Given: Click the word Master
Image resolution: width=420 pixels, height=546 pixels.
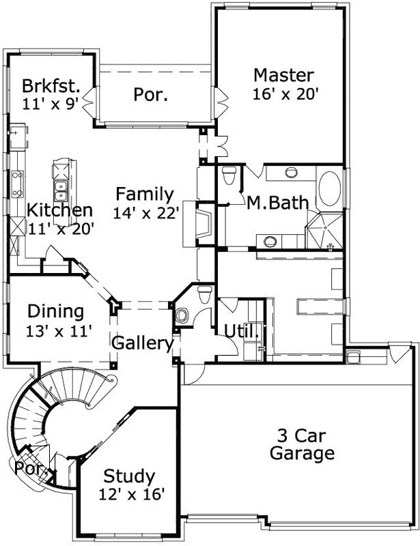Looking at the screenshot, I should click(283, 75).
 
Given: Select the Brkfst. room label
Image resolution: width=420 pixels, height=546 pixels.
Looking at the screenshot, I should click(51, 87).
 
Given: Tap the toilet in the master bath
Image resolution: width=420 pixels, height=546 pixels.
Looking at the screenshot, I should click(229, 177).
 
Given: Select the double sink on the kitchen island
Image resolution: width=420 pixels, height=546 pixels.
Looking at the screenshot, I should click(59, 186).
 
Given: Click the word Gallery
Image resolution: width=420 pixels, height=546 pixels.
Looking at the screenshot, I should click(142, 343).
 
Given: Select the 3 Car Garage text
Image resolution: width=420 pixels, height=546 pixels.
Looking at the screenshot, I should click(302, 444).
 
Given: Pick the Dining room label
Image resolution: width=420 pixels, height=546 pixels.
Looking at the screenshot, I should click(56, 312).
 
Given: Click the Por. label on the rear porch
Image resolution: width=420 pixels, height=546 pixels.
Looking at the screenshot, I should click(151, 95).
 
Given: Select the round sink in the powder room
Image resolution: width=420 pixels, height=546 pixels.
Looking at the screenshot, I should click(182, 315).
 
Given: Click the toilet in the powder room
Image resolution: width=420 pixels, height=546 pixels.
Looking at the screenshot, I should click(204, 294).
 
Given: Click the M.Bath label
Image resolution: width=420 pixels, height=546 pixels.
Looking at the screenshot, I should click(277, 203).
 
